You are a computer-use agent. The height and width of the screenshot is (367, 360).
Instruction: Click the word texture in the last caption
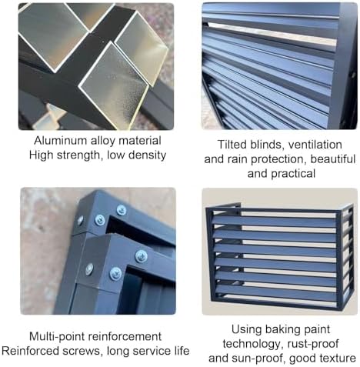pyautogui.click(x=336, y=358)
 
